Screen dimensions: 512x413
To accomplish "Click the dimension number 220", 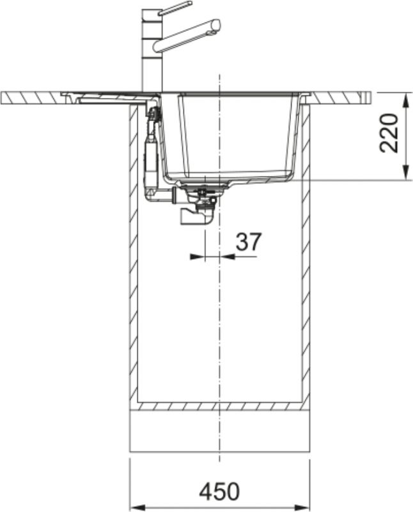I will click(x=389, y=134).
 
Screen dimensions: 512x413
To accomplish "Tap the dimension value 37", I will click(x=249, y=242).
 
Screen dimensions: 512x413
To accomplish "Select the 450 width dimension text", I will click(x=219, y=492).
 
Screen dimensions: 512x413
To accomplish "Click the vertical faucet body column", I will click(x=152, y=58).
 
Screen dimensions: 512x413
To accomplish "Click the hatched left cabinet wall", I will click(x=134, y=256).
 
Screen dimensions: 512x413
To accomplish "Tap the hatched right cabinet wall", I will click(x=306, y=256).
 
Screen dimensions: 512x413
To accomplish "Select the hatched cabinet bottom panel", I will click(x=220, y=406).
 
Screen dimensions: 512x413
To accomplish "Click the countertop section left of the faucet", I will click(x=32, y=97).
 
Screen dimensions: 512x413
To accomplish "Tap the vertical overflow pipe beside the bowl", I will click(x=152, y=154).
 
